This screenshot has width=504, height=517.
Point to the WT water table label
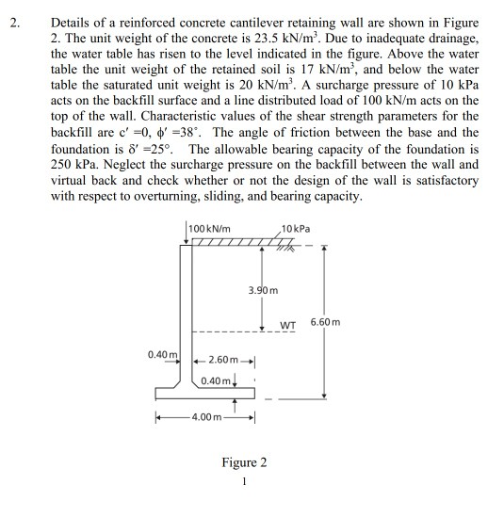pyautogui.click(x=289, y=327)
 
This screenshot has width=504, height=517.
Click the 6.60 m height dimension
pyautogui.click(x=352, y=323)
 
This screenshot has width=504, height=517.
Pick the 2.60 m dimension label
pyautogui.click(x=227, y=361)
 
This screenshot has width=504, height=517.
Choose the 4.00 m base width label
pyautogui.click(x=206, y=415)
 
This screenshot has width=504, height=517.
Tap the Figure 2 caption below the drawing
pyautogui.click(x=243, y=462)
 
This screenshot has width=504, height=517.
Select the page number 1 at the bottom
pyautogui.click(x=243, y=484)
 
